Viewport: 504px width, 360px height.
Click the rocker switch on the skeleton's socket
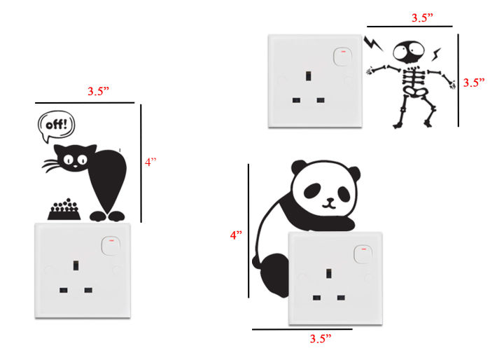pyautogui.click(x=342, y=54)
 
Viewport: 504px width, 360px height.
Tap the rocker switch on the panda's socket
pyautogui.click(x=362, y=254)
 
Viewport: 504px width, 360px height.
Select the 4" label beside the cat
pyautogui.click(x=151, y=162)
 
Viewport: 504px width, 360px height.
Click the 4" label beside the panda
pyautogui.click(x=236, y=236)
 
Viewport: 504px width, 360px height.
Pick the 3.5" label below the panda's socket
pyautogui.click(x=320, y=339)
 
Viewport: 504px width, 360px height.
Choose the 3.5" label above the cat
pyautogui.click(x=99, y=91)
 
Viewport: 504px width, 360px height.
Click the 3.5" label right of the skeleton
pyautogui.click(x=474, y=82)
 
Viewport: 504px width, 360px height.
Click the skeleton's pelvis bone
pyautogui.click(x=413, y=91)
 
